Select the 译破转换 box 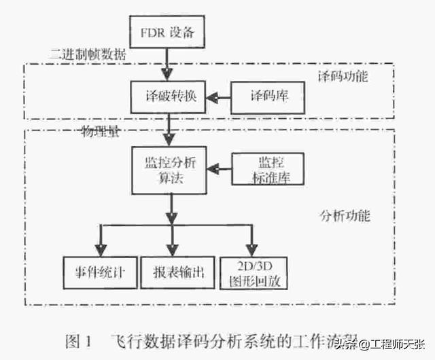click(167, 97)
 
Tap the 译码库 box click(268, 97)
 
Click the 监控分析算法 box click(167, 170)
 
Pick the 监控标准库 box click(268, 170)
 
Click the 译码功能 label click(343, 75)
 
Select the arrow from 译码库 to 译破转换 click(219, 98)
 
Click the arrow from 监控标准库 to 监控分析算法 click(219, 168)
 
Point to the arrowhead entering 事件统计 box click(101, 249)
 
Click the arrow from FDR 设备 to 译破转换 click(167, 65)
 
